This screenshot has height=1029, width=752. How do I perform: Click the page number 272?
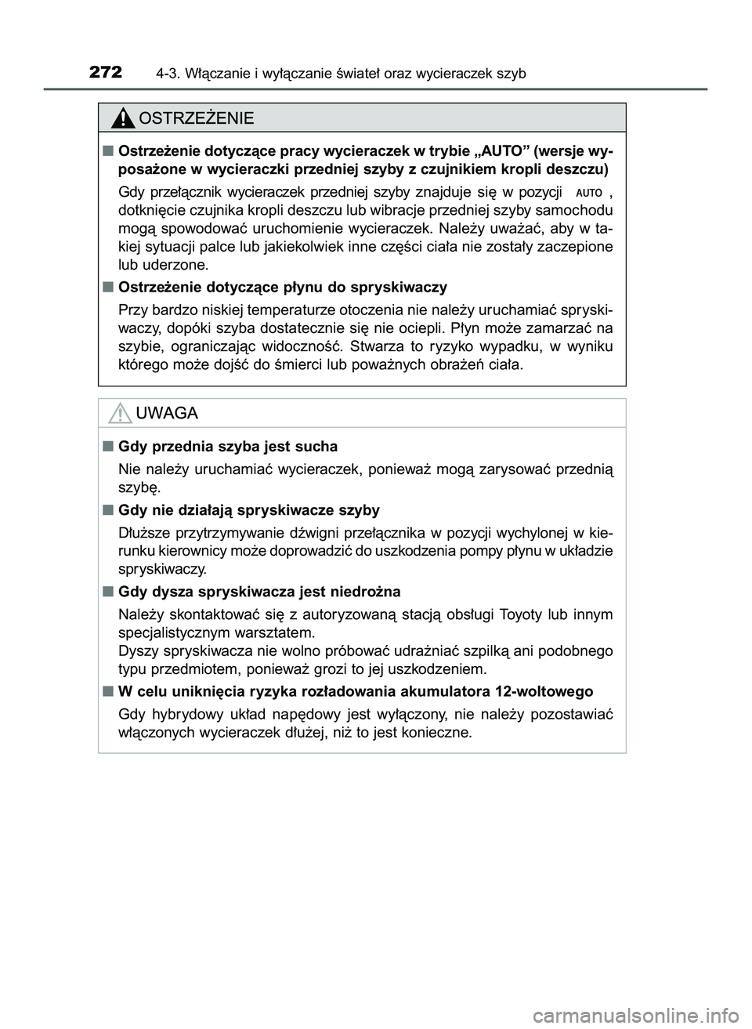tap(106, 73)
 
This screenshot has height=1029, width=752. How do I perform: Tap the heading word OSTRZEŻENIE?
tap(196, 118)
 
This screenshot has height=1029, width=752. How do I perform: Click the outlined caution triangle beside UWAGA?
tap(120, 412)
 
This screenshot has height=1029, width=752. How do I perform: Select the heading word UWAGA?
tap(167, 413)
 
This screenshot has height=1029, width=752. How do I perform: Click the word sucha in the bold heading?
tap(316, 446)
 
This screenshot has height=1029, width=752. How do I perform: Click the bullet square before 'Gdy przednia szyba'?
tap(106, 446)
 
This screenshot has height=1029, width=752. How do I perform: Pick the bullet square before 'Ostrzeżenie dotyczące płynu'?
tap(106, 286)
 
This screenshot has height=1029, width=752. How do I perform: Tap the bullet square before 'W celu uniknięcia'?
tap(106, 691)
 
